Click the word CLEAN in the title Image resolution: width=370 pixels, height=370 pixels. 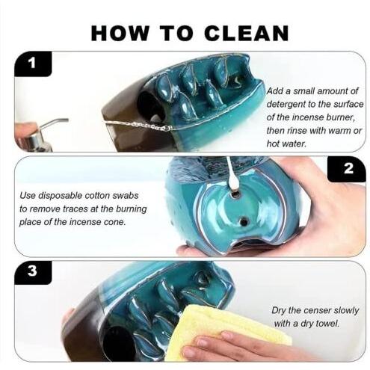(x=247, y=33)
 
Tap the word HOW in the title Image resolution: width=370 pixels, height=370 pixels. (x=120, y=33)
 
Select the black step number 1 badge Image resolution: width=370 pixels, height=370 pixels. (x=33, y=64)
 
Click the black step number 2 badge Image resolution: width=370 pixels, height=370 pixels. (x=348, y=169)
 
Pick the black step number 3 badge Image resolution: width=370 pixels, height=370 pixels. (x=33, y=272)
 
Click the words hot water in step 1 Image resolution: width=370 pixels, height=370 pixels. (x=286, y=144)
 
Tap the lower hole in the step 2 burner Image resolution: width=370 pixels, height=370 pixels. (x=244, y=221)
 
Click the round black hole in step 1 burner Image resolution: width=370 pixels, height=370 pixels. (x=149, y=104)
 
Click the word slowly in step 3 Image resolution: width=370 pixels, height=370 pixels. (x=346, y=311)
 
